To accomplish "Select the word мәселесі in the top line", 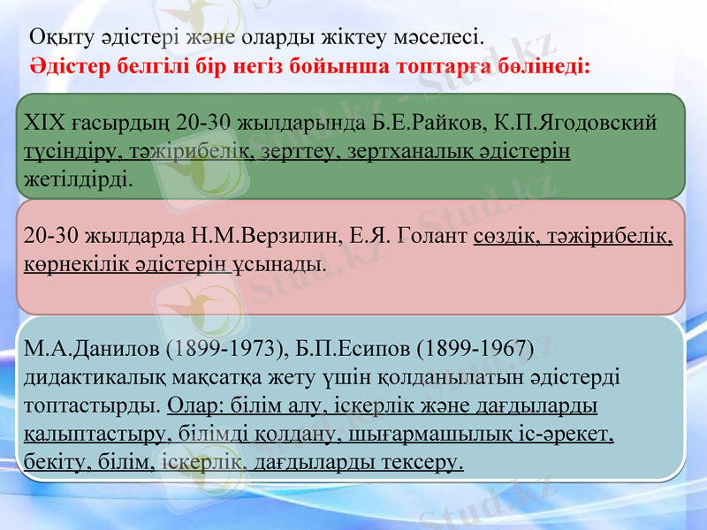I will pyautogui.click(x=445, y=37).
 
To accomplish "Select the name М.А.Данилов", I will pyautogui.click(x=87, y=348).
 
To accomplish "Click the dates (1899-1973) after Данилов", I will pyautogui.click(x=224, y=348).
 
